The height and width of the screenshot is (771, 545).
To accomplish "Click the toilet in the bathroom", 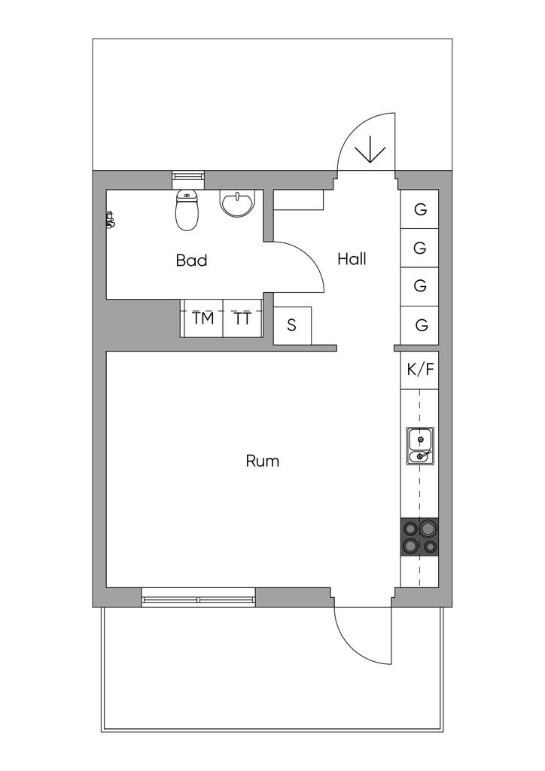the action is tap(187, 211).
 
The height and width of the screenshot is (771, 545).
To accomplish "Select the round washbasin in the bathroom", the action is tap(237, 203).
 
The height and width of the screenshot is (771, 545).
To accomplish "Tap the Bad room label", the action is tap(192, 260).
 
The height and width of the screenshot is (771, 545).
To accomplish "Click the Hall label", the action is tap(352, 259).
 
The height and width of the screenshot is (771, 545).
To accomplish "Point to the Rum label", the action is tap(263, 461).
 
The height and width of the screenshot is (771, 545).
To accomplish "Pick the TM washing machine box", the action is tap(202, 318).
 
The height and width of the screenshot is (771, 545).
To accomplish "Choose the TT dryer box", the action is tap(243, 318).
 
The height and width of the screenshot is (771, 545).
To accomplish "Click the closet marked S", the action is tap(292, 325).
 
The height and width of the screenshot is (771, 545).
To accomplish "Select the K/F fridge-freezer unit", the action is tap(420, 370).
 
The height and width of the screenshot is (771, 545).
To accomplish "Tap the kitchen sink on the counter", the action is tap(420, 446).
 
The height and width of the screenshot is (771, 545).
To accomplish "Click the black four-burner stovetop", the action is tap(420, 537).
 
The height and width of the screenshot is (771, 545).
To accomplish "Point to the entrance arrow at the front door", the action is tap(370, 150).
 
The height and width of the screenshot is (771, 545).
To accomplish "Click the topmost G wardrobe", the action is tap(420, 209).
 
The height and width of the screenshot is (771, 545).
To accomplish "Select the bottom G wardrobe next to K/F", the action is tap(420, 325).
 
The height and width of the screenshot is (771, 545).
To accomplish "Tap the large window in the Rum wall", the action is tap(198, 597).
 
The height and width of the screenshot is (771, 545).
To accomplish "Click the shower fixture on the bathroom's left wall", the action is tap(110, 219).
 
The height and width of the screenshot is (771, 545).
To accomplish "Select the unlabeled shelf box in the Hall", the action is tap(298, 200).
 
